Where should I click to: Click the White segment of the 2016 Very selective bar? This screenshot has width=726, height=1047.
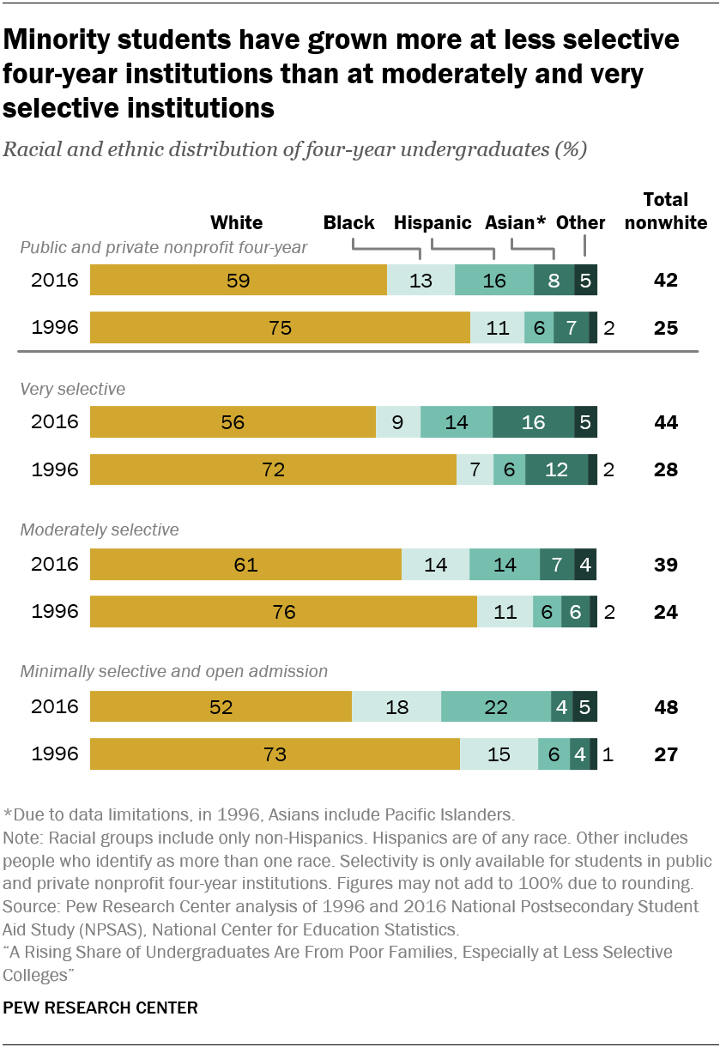point(233,422)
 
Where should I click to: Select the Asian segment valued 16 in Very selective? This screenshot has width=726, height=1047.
point(533,422)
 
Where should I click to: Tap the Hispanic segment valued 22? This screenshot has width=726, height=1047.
point(496,707)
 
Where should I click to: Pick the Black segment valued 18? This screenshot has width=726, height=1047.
point(396,707)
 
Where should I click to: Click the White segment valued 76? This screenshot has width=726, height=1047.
point(283,613)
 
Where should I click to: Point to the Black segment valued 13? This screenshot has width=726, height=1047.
point(420,280)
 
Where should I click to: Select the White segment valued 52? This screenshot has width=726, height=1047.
point(221,707)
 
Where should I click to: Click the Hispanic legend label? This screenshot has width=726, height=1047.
point(433,223)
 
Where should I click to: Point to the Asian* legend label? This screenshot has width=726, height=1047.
point(515,223)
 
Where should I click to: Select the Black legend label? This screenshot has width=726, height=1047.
point(348,223)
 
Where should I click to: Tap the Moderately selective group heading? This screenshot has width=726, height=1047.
point(100,530)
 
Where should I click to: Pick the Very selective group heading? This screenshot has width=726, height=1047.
point(73,390)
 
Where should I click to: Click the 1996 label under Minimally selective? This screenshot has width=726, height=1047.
point(55,755)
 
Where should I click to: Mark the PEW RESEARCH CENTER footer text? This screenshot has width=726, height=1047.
point(100,1008)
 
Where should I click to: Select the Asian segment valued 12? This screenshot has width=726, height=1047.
point(556,470)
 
